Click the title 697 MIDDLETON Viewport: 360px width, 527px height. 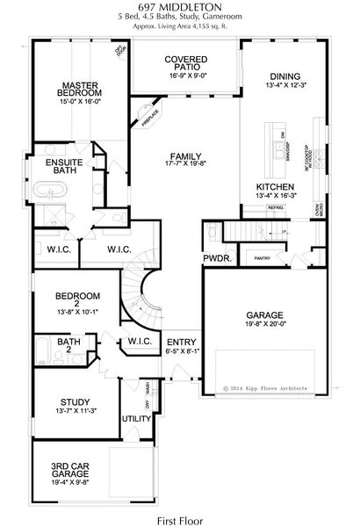point(179,8)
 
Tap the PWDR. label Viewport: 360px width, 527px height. point(216,259)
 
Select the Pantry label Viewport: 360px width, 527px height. point(261,258)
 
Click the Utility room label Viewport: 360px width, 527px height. point(137,418)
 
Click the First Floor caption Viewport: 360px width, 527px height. point(179,519)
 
